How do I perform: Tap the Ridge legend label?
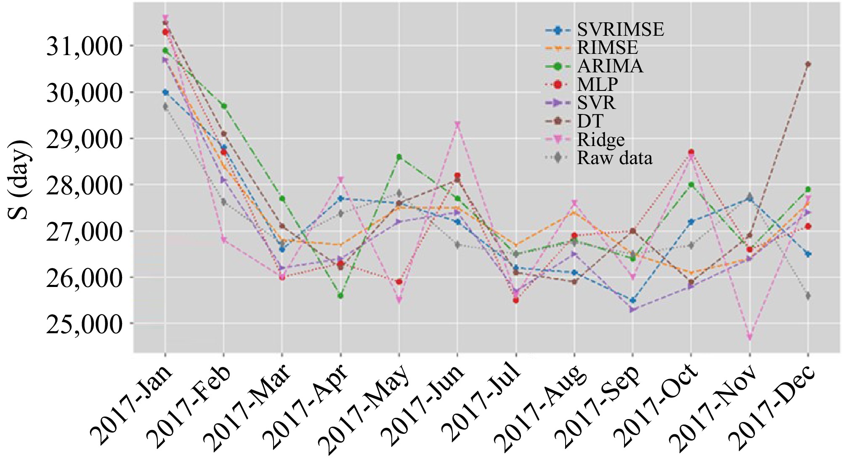(601, 140)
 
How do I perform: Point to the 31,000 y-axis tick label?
(84, 46)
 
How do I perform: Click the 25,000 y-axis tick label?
(84, 324)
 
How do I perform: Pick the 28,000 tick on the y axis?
(84, 185)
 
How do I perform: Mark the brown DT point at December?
(808, 64)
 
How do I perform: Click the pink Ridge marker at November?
(749, 337)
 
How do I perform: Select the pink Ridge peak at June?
(457, 125)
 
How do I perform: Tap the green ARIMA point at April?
(340, 296)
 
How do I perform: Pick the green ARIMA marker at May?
(399, 157)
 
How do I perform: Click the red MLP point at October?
(691, 152)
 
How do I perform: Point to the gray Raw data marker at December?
(808, 296)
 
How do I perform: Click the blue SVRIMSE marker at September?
(632, 300)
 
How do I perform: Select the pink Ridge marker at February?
(223, 240)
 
